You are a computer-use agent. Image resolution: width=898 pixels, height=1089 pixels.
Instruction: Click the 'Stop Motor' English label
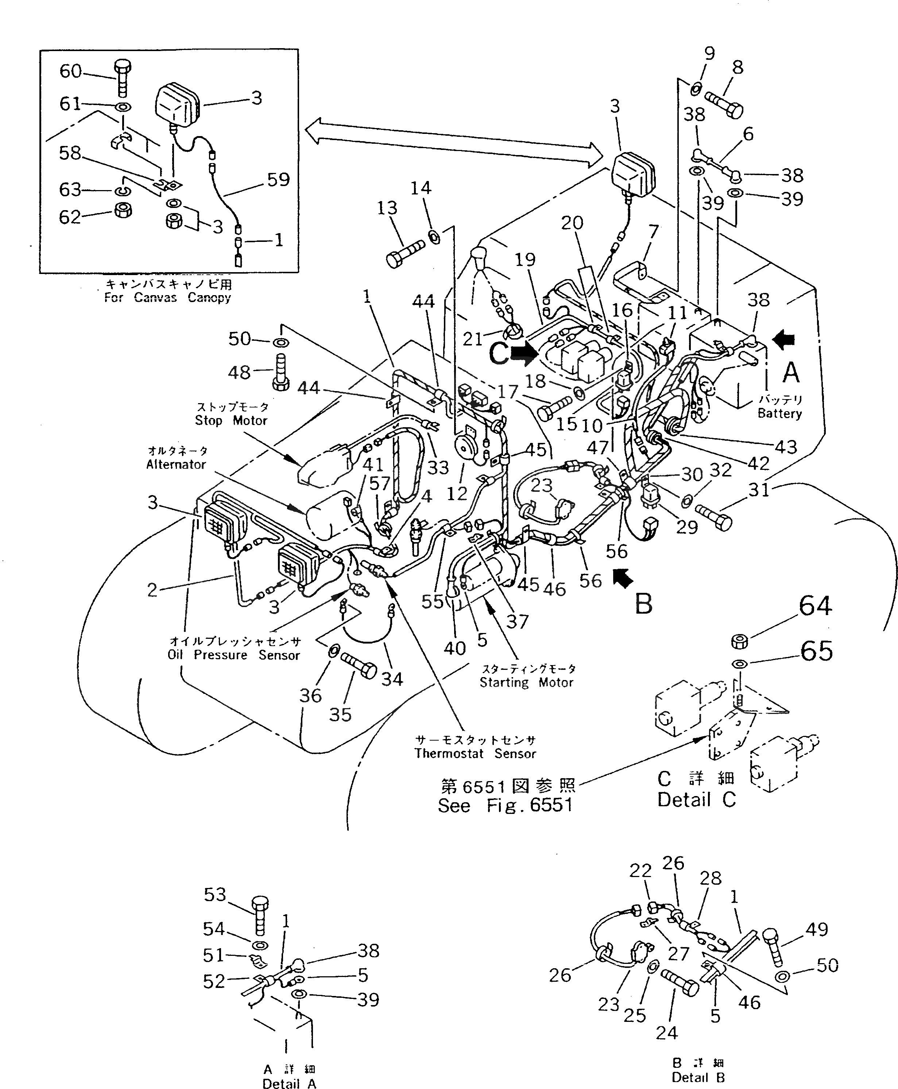pos(231,421)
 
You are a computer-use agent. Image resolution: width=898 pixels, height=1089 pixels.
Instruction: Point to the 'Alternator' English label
pos(176,464)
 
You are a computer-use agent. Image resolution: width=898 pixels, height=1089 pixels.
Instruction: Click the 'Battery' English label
pos(779,413)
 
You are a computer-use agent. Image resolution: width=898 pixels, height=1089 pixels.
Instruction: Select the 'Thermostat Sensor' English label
pos(475,754)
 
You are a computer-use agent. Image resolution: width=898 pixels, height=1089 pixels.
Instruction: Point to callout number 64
pos(815,606)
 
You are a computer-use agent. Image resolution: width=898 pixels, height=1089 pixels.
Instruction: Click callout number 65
pos(816,651)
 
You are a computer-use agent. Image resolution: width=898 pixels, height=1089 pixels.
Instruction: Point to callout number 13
pos(387,208)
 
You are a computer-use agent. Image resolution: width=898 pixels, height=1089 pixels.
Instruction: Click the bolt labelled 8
pos(724,104)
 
